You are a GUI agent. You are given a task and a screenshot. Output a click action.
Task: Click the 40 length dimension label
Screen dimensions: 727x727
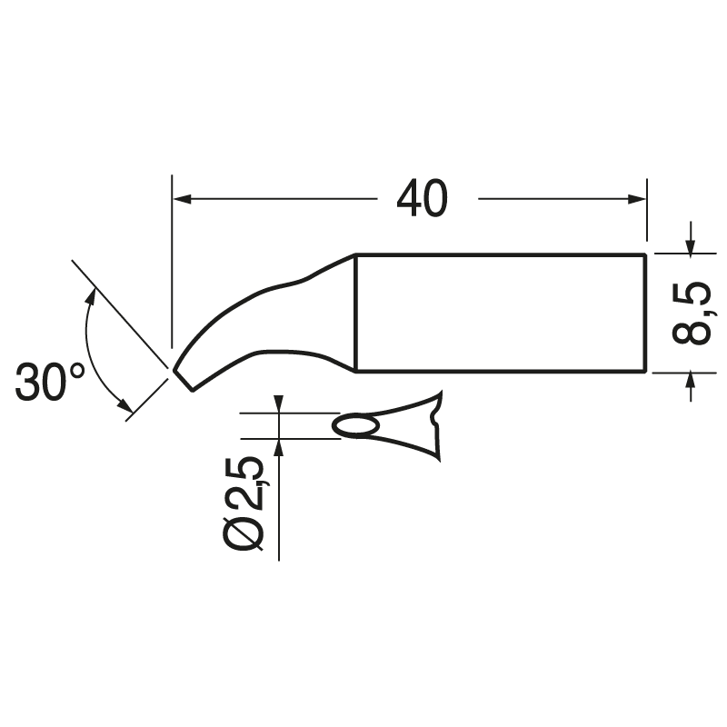[423, 198]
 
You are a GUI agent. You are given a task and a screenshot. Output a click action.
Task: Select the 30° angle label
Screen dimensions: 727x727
[50, 382]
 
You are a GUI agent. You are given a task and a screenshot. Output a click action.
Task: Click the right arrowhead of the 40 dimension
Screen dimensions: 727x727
[638, 198]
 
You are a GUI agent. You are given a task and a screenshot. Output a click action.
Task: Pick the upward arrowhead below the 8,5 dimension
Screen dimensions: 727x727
[692, 382]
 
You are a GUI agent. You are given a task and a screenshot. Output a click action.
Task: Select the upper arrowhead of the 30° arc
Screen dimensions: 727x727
[91, 294]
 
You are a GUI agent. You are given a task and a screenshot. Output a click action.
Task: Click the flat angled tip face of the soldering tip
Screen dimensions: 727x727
[182, 378]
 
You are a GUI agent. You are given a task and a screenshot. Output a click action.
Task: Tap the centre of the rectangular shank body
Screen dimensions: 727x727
[500, 313]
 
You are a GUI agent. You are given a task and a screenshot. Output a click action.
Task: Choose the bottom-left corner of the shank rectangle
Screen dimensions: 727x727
[354, 371]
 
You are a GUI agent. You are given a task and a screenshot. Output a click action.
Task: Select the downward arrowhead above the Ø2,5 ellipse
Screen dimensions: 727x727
[279, 406]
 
